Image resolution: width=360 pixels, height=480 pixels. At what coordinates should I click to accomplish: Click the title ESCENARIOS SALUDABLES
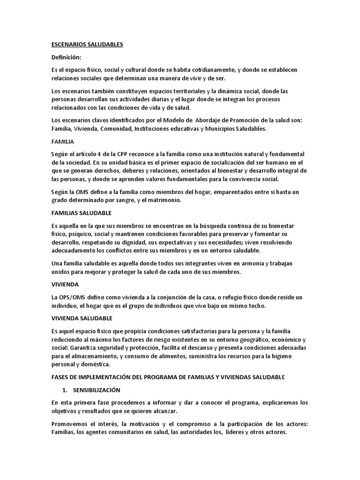[87, 45]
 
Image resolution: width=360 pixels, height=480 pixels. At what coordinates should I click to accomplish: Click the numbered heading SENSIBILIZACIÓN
[96, 390]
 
